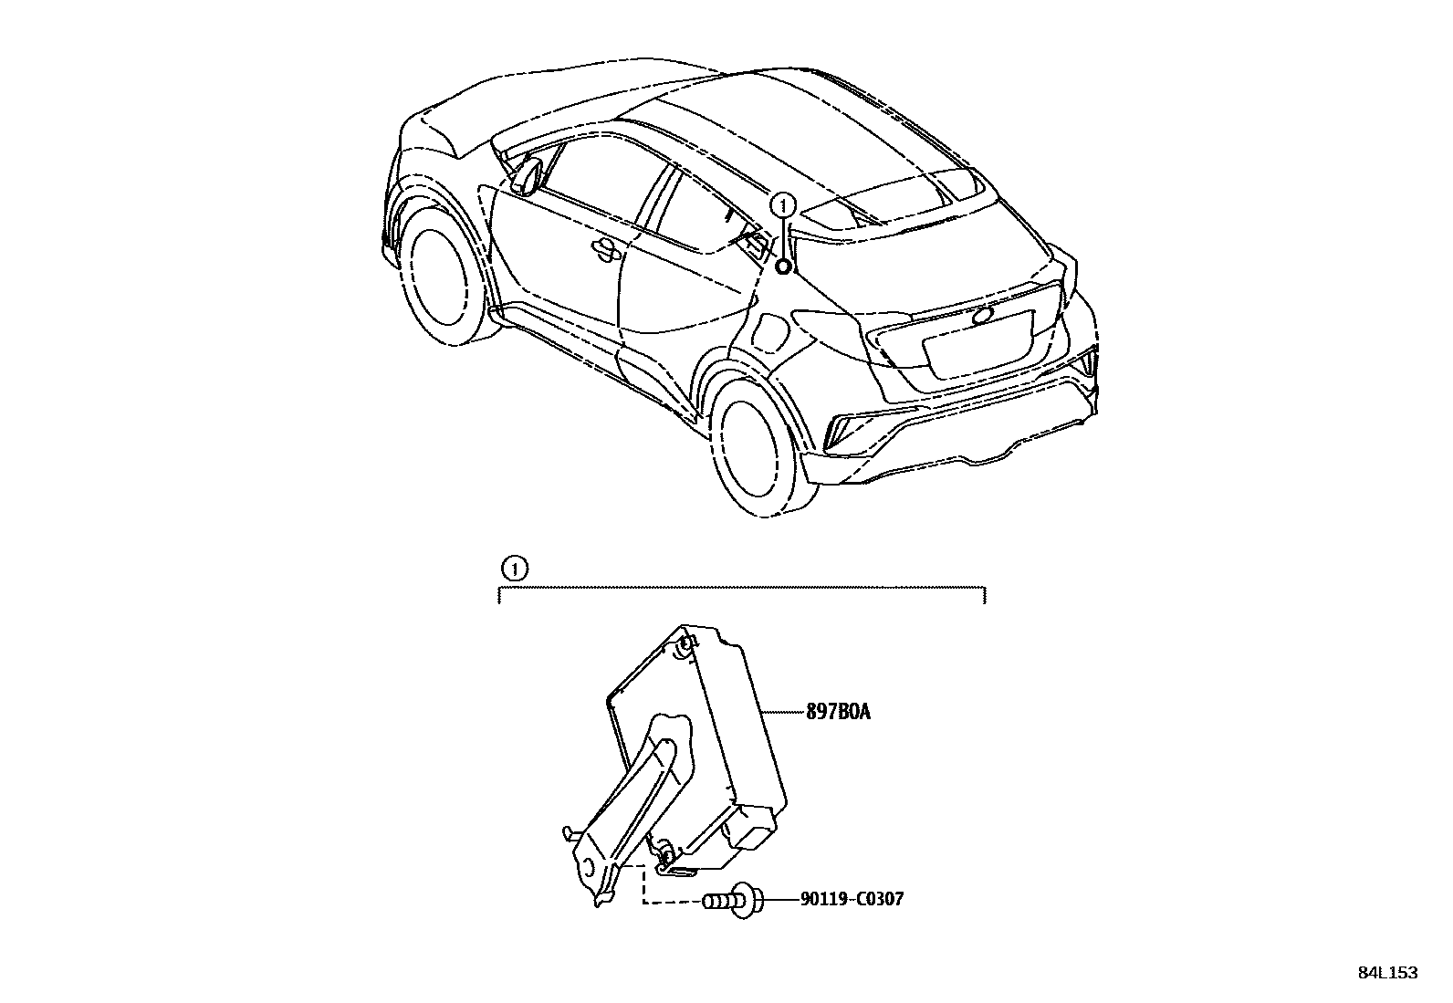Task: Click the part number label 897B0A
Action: [x=837, y=712]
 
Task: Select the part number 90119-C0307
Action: [x=852, y=900]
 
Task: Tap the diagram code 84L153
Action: [x=1387, y=973]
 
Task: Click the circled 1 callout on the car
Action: [x=783, y=204]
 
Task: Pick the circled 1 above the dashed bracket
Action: [x=515, y=569]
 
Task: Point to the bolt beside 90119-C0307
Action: [x=731, y=901]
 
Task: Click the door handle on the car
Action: [x=603, y=247]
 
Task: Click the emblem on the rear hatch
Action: [x=985, y=316]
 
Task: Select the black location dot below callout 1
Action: [x=783, y=266]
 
